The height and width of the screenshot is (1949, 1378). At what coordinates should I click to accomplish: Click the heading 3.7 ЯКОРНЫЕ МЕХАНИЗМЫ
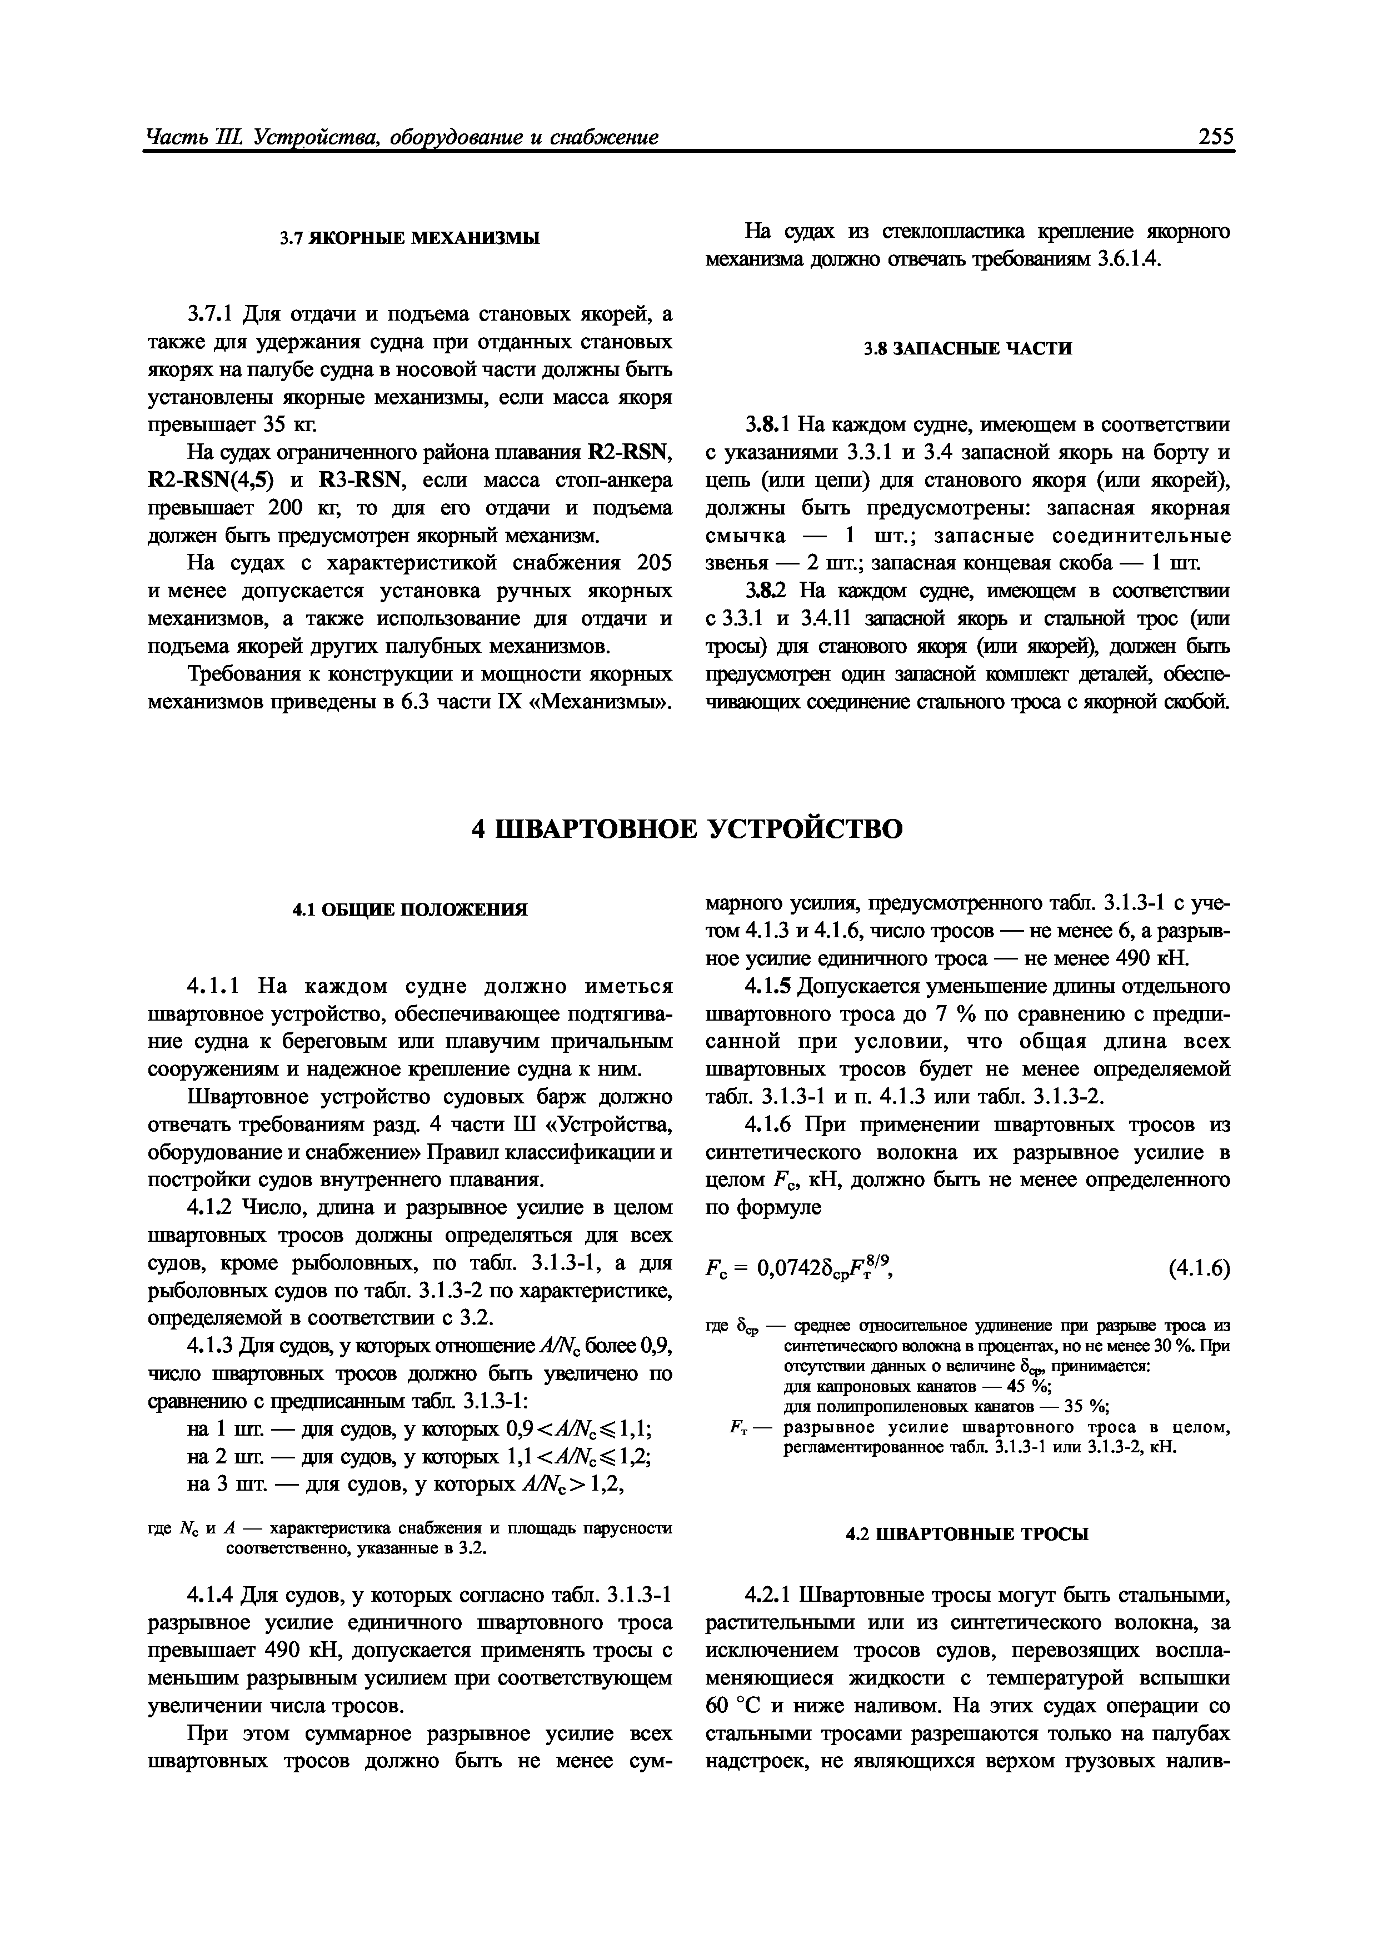click(x=410, y=238)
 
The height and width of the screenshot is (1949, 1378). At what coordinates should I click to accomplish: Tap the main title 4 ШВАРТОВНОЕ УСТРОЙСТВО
click(x=688, y=828)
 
